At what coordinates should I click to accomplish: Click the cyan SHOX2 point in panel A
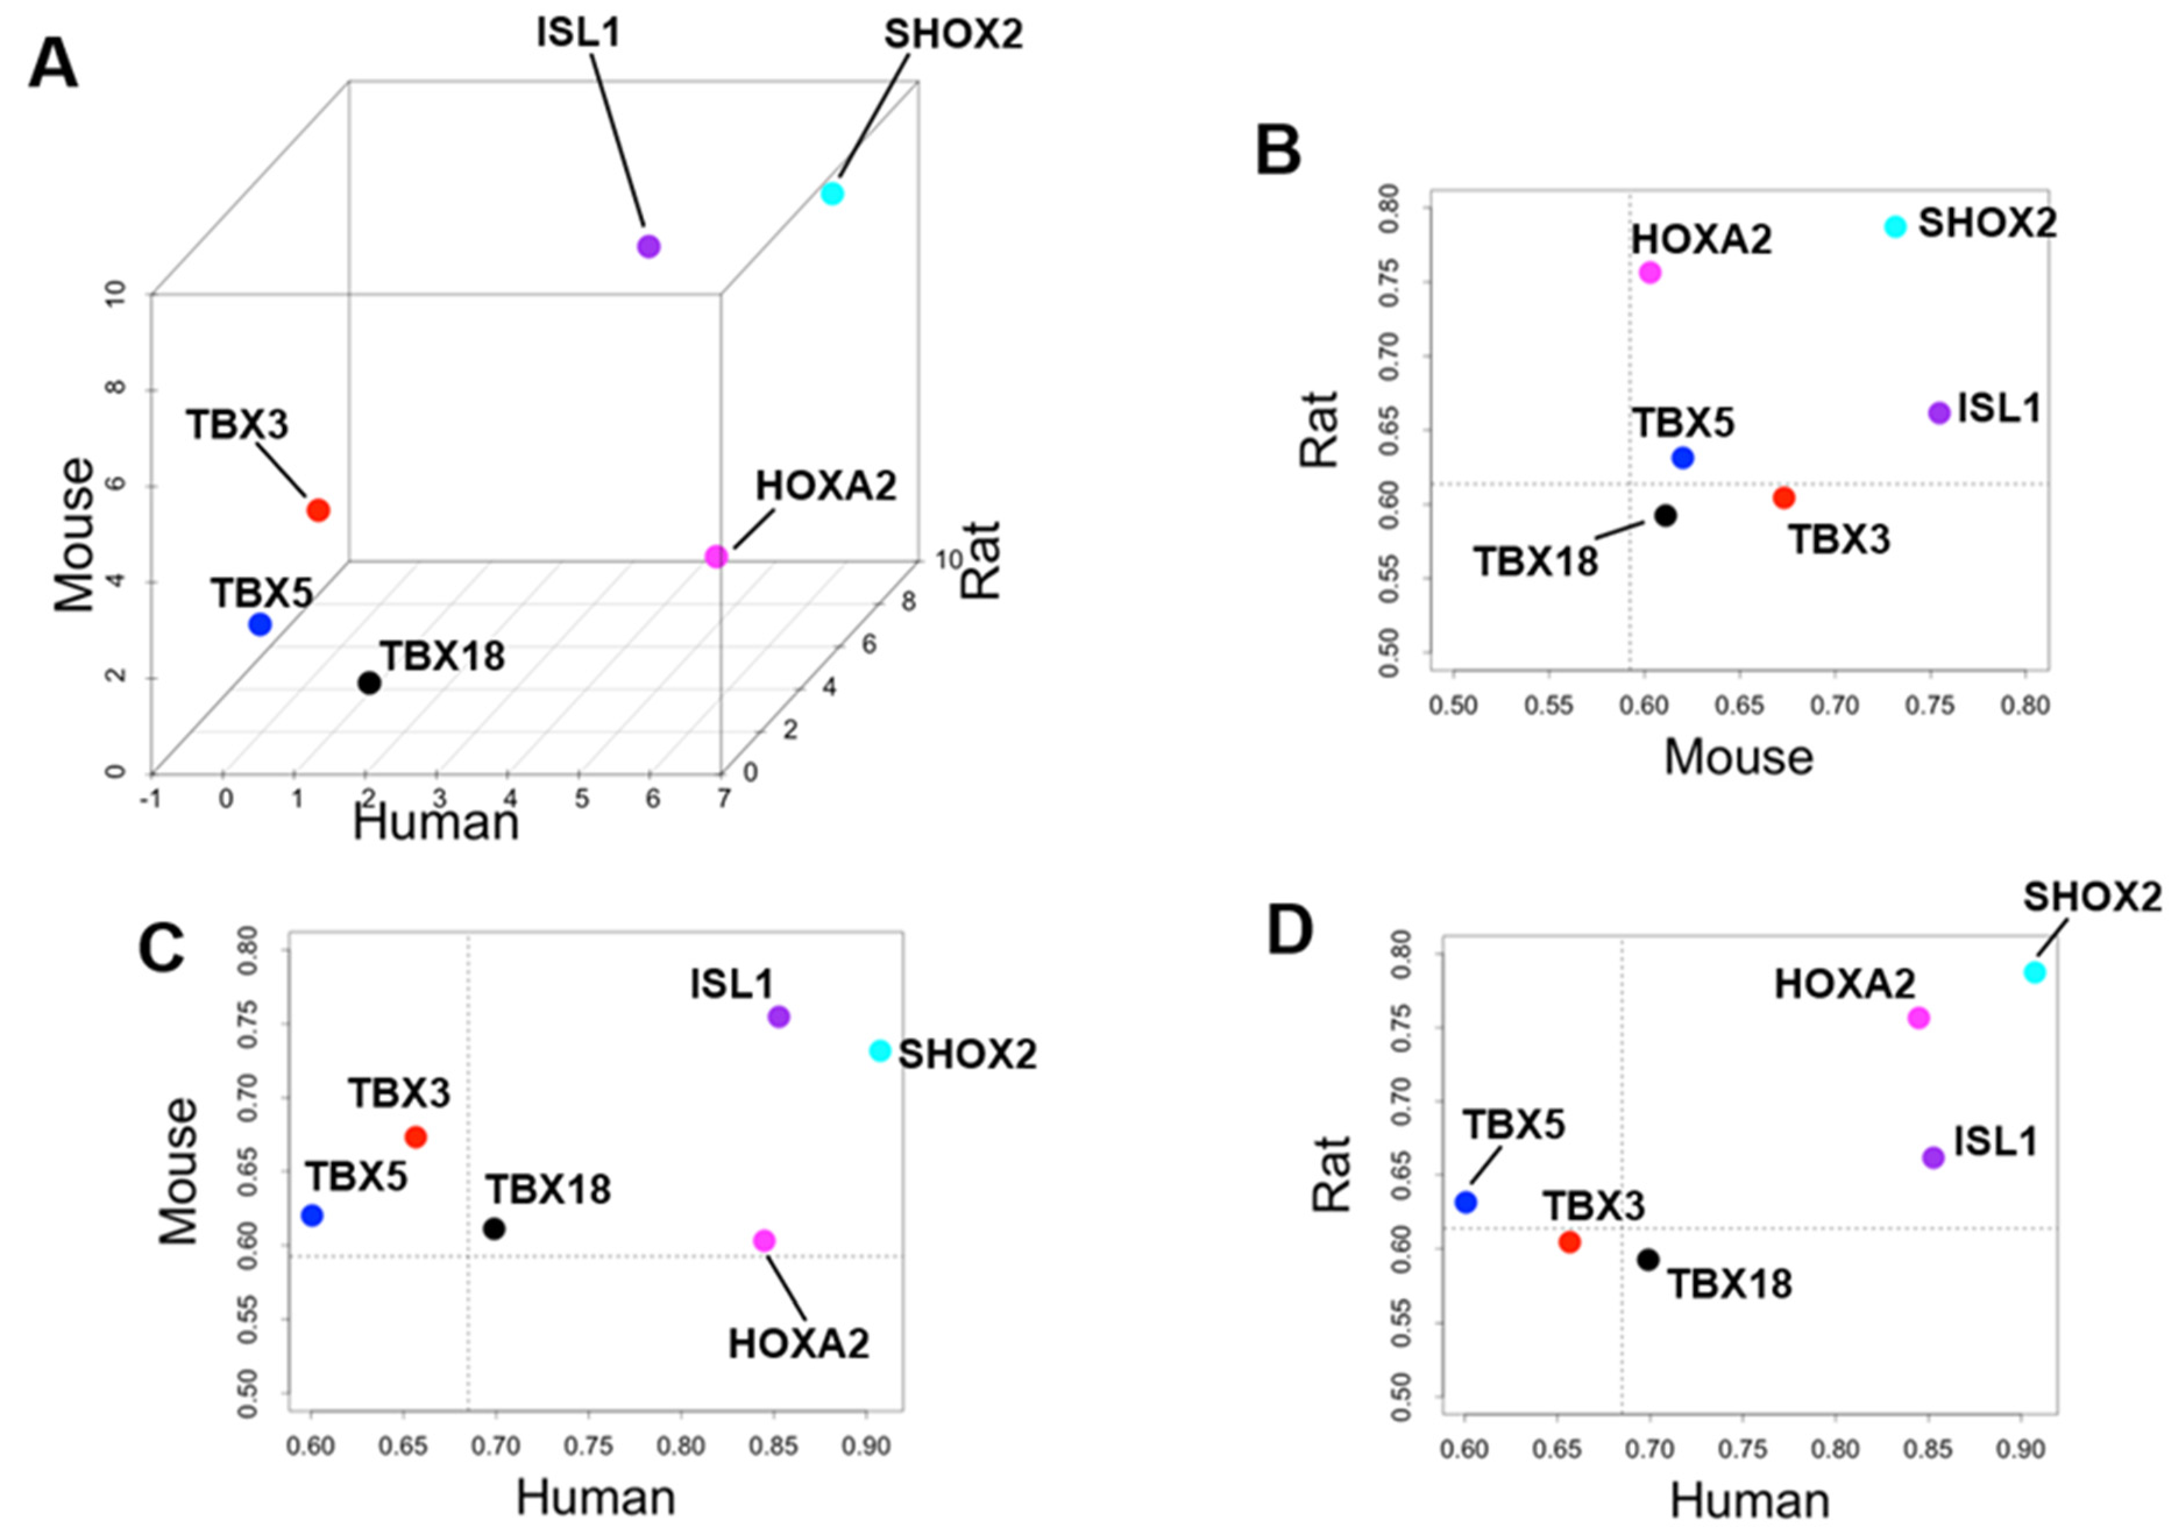(832, 194)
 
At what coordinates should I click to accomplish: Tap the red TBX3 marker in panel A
(318, 510)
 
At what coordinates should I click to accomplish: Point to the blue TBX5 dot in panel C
(312, 1216)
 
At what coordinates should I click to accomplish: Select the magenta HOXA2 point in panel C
(764, 1240)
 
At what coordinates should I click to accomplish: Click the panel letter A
(53, 66)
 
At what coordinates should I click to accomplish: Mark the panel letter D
(1290, 932)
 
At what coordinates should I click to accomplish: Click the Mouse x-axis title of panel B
(1738, 758)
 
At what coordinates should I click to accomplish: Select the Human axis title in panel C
(596, 1498)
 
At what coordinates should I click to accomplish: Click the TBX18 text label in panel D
(1730, 1285)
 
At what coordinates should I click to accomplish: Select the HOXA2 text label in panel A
(826, 487)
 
